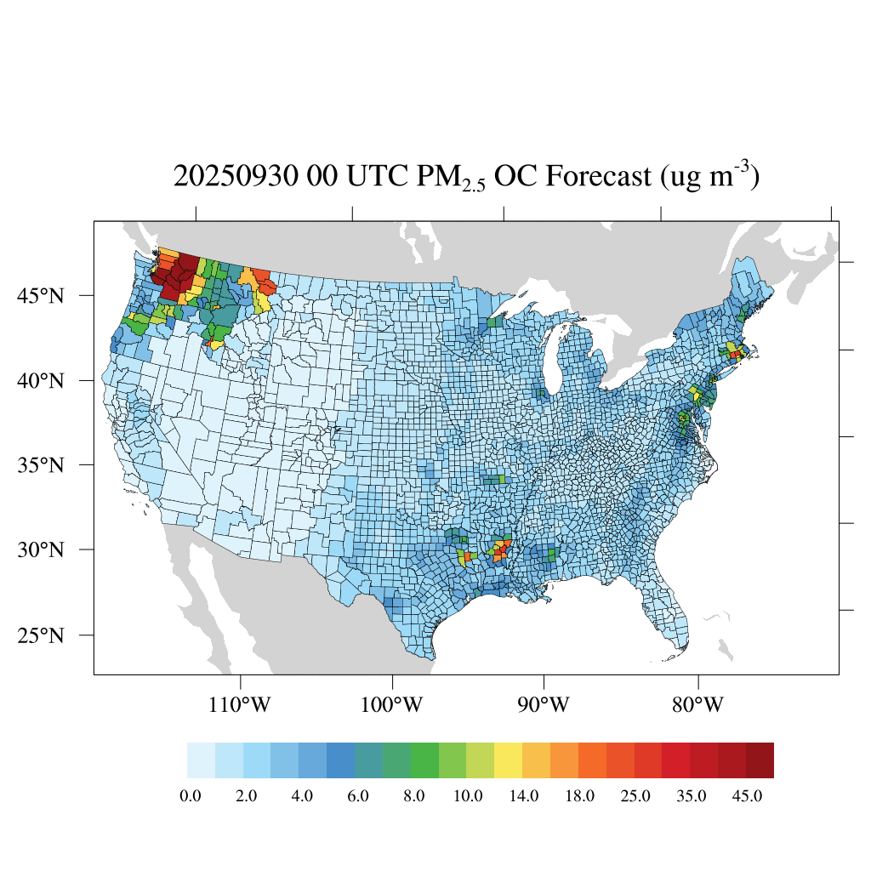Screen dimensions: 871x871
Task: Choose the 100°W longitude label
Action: (392, 705)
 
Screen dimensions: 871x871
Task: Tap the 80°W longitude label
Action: (698, 705)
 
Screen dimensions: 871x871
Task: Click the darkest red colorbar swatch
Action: (760, 760)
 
